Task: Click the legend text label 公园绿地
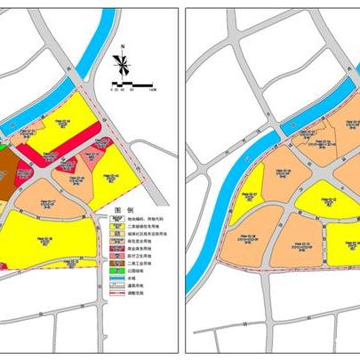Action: (x=143, y=271)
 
